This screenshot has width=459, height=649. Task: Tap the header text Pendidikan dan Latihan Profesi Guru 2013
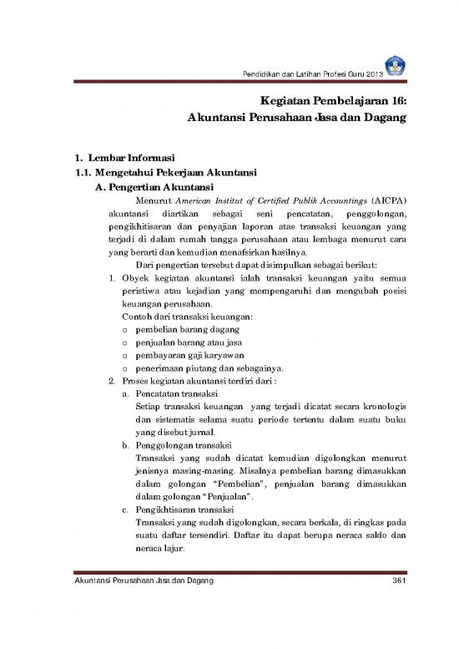(x=330, y=78)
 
